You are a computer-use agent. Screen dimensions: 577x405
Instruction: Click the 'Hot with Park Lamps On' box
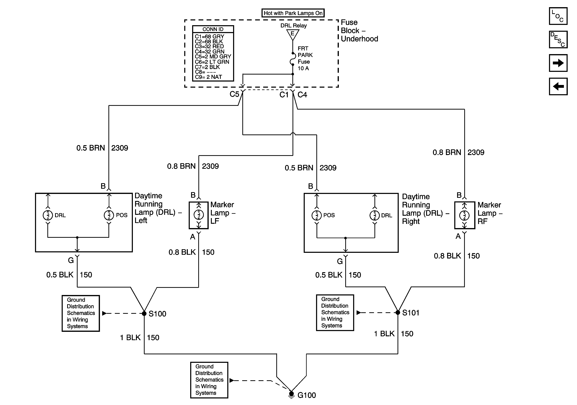click(x=293, y=13)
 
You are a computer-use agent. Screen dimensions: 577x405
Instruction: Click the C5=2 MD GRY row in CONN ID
click(x=213, y=57)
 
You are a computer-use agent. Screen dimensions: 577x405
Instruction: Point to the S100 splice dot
click(x=144, y=313)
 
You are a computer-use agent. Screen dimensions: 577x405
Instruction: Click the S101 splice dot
click(x=398, y=312)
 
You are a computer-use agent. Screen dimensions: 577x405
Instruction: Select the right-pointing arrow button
click(x=558, y=63)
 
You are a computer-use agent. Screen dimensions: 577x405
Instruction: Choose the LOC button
click(x=558, y=16)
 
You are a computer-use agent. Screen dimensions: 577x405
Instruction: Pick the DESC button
click(x=558, y=40)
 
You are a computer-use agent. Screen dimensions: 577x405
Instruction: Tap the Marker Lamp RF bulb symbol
click(x=464, y=215)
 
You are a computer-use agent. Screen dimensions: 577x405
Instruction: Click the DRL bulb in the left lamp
click(x=48, y=215)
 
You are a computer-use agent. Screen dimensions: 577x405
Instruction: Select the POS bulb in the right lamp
click(x=317, y=215)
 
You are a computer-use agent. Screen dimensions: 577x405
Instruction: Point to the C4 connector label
click(x=302, y=95)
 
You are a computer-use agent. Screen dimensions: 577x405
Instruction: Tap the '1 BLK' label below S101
click(x=384, y=334)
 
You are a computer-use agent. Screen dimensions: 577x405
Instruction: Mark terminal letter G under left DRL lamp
click(x=71, y=260)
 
